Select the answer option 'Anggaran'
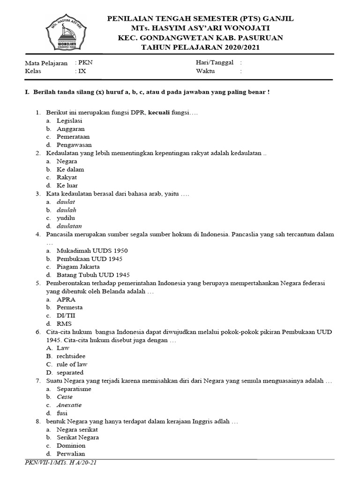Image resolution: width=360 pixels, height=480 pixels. [x=70, y=129]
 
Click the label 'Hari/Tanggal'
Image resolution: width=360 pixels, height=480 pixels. [x=214, y=63]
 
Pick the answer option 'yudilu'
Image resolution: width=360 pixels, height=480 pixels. [x=66, y=218]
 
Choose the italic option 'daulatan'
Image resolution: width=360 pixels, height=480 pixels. [x=69, y=226]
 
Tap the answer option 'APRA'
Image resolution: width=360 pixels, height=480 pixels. [x=66, y=299]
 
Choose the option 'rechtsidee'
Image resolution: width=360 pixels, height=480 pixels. [x=71, y=356]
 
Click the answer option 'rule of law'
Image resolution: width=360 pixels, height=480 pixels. [x=72, y=364]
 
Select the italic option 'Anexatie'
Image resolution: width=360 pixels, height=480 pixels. [x=69, y=405]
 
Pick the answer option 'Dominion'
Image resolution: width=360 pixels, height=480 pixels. [x=71, y=445]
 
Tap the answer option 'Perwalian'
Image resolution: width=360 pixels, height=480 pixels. [x=71, y=454]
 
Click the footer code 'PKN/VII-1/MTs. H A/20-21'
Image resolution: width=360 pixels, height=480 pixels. [x=61, y=463]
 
